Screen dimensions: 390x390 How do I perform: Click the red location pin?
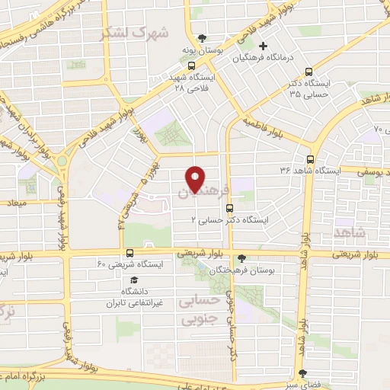coord(195,178)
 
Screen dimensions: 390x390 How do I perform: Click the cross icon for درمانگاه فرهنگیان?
coord(263,46)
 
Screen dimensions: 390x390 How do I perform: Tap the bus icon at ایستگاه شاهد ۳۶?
coord(310,159)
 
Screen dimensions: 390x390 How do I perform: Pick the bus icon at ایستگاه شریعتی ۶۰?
coord(129,252)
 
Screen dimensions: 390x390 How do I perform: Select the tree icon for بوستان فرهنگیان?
coord(241,258)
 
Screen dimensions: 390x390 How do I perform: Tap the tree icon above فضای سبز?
coord(304,373)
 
